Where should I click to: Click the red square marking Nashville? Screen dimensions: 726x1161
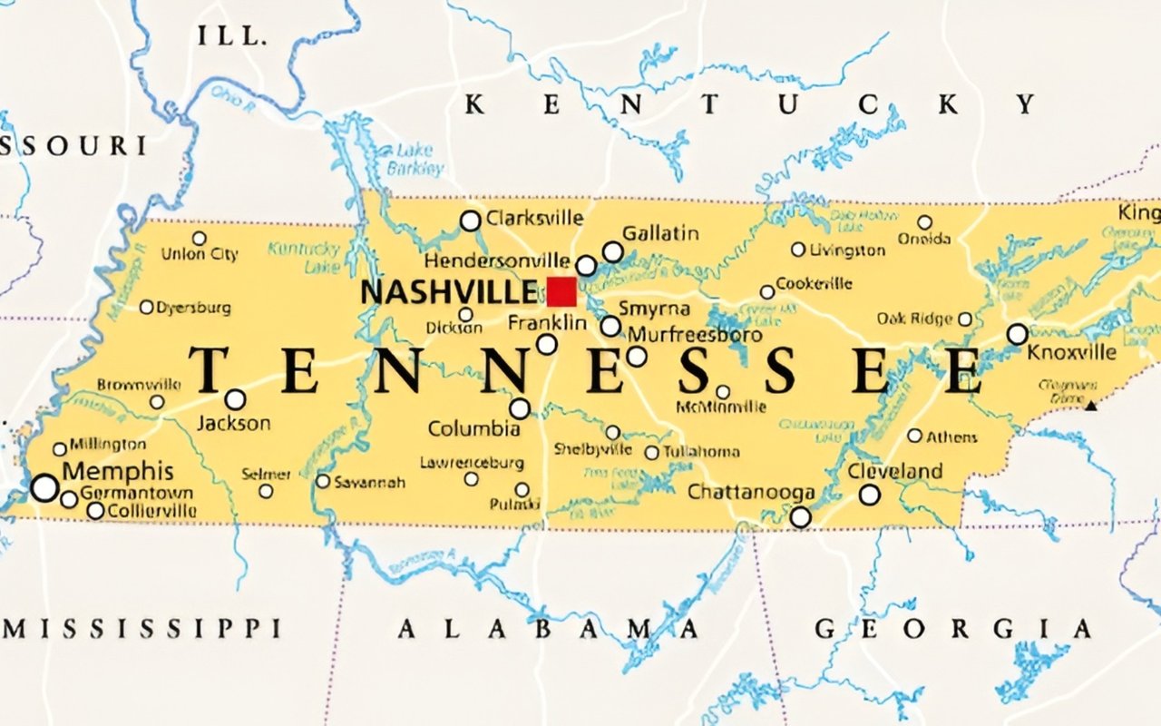pos(561,292)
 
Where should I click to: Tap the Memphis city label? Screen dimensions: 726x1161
pos(118,471)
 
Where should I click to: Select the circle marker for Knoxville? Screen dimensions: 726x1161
pos(1018,334)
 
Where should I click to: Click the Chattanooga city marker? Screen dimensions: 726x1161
pos(800,516)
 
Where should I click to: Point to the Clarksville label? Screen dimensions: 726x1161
pos(534,219)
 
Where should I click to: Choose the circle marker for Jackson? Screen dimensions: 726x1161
pos(235,399)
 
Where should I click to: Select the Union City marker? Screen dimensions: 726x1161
pos(199,238)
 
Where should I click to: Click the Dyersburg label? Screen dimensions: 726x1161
pos(193,308)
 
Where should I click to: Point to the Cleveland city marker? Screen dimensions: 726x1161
pos(869,495)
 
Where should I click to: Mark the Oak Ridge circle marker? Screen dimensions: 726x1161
pos(965,319)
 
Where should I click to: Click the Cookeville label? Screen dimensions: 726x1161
pos(814,283)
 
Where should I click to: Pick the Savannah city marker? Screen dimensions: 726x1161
pos(323,481)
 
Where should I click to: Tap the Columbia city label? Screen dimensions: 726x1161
pos(473,428)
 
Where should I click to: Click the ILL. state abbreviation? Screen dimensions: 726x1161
pos(232,37)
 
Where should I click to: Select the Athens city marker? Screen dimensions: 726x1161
pos(914,436)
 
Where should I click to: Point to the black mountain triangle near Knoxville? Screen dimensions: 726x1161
pos(1091,406)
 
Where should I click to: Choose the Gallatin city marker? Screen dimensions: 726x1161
pos(613,251)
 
